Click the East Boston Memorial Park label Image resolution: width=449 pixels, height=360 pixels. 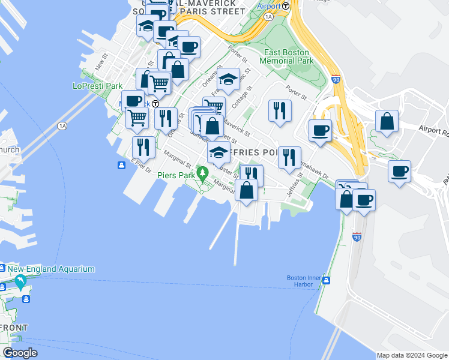(287, 56)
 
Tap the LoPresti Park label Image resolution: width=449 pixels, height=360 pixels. (97, 86)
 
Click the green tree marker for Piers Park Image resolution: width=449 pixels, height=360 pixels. (203, 175)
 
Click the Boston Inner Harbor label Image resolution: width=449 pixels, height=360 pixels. (301, 281)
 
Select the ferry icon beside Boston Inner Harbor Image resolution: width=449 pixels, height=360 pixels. (326, 281)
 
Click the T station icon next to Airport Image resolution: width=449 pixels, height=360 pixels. (286, 6)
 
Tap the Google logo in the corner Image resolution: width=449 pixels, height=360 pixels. (20, 353)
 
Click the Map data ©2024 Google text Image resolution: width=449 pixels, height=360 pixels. (412, 355)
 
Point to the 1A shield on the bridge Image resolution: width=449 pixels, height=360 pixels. (62, 126)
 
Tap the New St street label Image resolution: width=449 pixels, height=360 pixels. (101, 61)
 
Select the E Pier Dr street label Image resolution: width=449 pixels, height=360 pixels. (141, 165)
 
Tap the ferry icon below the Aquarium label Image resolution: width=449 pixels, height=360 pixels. (26, 298)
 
